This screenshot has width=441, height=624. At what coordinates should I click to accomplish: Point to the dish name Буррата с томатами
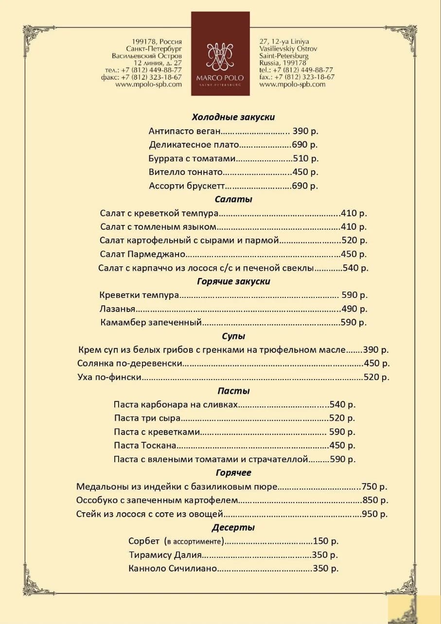[x=192, y=158]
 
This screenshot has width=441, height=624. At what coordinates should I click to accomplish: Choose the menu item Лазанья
[x=117, y=309]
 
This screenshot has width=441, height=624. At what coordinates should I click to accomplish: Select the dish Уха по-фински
[x=109, y=377]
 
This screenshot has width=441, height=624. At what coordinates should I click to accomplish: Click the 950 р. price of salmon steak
[x=375, y=514]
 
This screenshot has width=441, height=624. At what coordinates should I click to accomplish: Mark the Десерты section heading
[x=233, y=528]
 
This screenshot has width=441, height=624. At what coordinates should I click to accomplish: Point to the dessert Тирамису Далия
[x=165, y=555]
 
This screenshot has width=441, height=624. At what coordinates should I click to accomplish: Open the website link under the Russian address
[x=149, y=84]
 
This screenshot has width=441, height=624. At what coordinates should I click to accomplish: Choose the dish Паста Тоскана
[x=145, y=446]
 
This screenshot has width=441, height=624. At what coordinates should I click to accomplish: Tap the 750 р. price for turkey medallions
[x=374, y=486]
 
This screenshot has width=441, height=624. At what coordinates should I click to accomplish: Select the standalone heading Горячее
[x=233, y=473]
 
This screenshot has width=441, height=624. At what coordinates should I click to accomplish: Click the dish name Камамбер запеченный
[x=151, y=323]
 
